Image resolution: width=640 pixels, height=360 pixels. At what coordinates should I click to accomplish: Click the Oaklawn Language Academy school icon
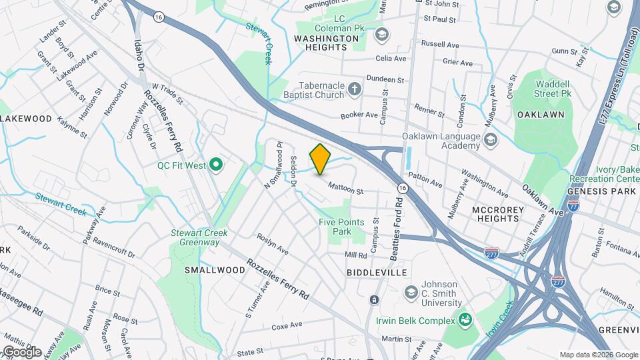pyautogui.click(x=491, y=139)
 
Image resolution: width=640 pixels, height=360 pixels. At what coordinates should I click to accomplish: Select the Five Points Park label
pyautogui.click(x=341, y=227)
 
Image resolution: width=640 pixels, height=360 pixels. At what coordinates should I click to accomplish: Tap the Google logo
pyautogui.click(x=21, y=351)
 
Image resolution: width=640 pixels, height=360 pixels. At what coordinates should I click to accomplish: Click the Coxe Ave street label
pyautogui.click(x=287, y=327)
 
